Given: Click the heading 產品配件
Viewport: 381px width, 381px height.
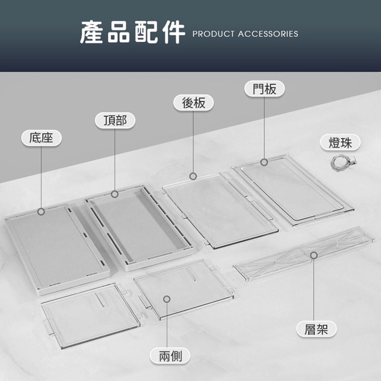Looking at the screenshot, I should (x=132, y=33).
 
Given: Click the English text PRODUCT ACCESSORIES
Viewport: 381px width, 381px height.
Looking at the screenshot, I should (x=245, y=34).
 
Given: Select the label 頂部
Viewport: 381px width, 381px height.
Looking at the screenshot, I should (x=115, y=120).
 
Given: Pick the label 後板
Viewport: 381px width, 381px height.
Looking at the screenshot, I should (x=193, y=102).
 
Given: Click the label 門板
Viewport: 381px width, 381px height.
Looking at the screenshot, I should (x=264, y=89).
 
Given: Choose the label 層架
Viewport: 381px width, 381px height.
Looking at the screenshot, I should (x=316, y=329).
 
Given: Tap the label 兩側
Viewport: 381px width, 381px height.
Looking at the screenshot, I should (x=170, y=357).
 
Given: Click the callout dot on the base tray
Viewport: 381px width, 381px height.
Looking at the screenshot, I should (x=41, y=211).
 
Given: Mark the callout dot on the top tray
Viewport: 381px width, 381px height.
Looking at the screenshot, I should (x=115, y=194).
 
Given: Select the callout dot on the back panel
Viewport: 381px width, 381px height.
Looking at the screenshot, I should (x=193, y=176).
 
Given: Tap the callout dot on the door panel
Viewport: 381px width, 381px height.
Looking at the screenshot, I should (x=264, y=162).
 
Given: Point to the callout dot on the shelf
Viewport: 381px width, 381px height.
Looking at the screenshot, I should (x=314, y=255).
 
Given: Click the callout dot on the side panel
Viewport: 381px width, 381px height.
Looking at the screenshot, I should (x=167, y=299).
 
